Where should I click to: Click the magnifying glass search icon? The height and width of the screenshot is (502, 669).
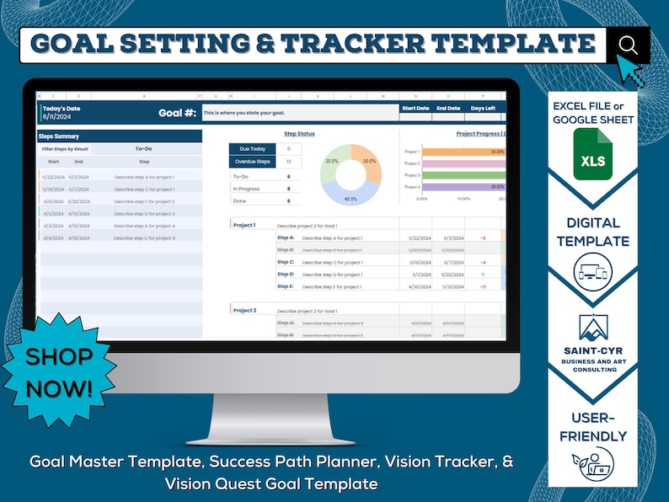tap(628, 44)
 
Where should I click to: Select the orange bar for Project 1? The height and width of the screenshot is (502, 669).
tap(463, 152)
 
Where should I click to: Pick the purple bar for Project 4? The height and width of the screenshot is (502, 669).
tap(463, 186)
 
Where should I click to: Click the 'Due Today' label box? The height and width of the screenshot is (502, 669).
tap(252, 149)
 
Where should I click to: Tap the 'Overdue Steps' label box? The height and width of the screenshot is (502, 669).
tap(252, 161)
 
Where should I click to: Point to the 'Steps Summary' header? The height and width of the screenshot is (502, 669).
tap(59, 136)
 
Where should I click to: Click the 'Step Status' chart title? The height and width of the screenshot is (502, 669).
tap(299, 133)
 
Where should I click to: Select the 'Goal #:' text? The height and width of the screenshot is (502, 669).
tap(177, 113)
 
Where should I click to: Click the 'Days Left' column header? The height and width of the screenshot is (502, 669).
tap(483, 108)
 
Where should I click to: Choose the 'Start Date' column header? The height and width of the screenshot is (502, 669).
tap(415, 108)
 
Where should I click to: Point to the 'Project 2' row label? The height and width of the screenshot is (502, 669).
tap(244, 311)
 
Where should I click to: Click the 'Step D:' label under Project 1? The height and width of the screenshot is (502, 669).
tap(286, 275)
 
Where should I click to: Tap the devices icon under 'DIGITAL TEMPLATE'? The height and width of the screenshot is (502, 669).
tap(592, 273)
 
